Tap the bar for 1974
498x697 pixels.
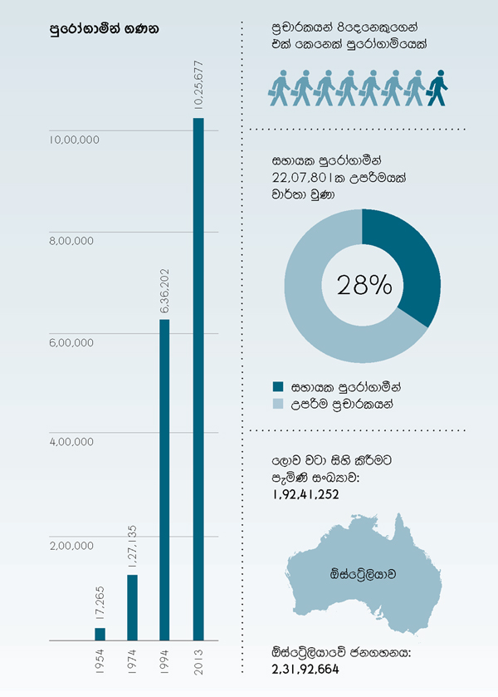point(132,607)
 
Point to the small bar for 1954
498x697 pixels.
point(100,634)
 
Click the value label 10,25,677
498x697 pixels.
point(198,85)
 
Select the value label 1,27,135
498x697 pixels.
point(132,546)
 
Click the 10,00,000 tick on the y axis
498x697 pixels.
point(74,140)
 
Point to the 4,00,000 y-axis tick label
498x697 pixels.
point(74,443)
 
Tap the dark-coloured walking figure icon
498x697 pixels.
point(437,87)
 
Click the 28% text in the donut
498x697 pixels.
point(364,285)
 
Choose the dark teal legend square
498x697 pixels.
point(278,386)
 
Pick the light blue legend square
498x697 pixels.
point(278,404)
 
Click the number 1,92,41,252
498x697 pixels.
point(305,493)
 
